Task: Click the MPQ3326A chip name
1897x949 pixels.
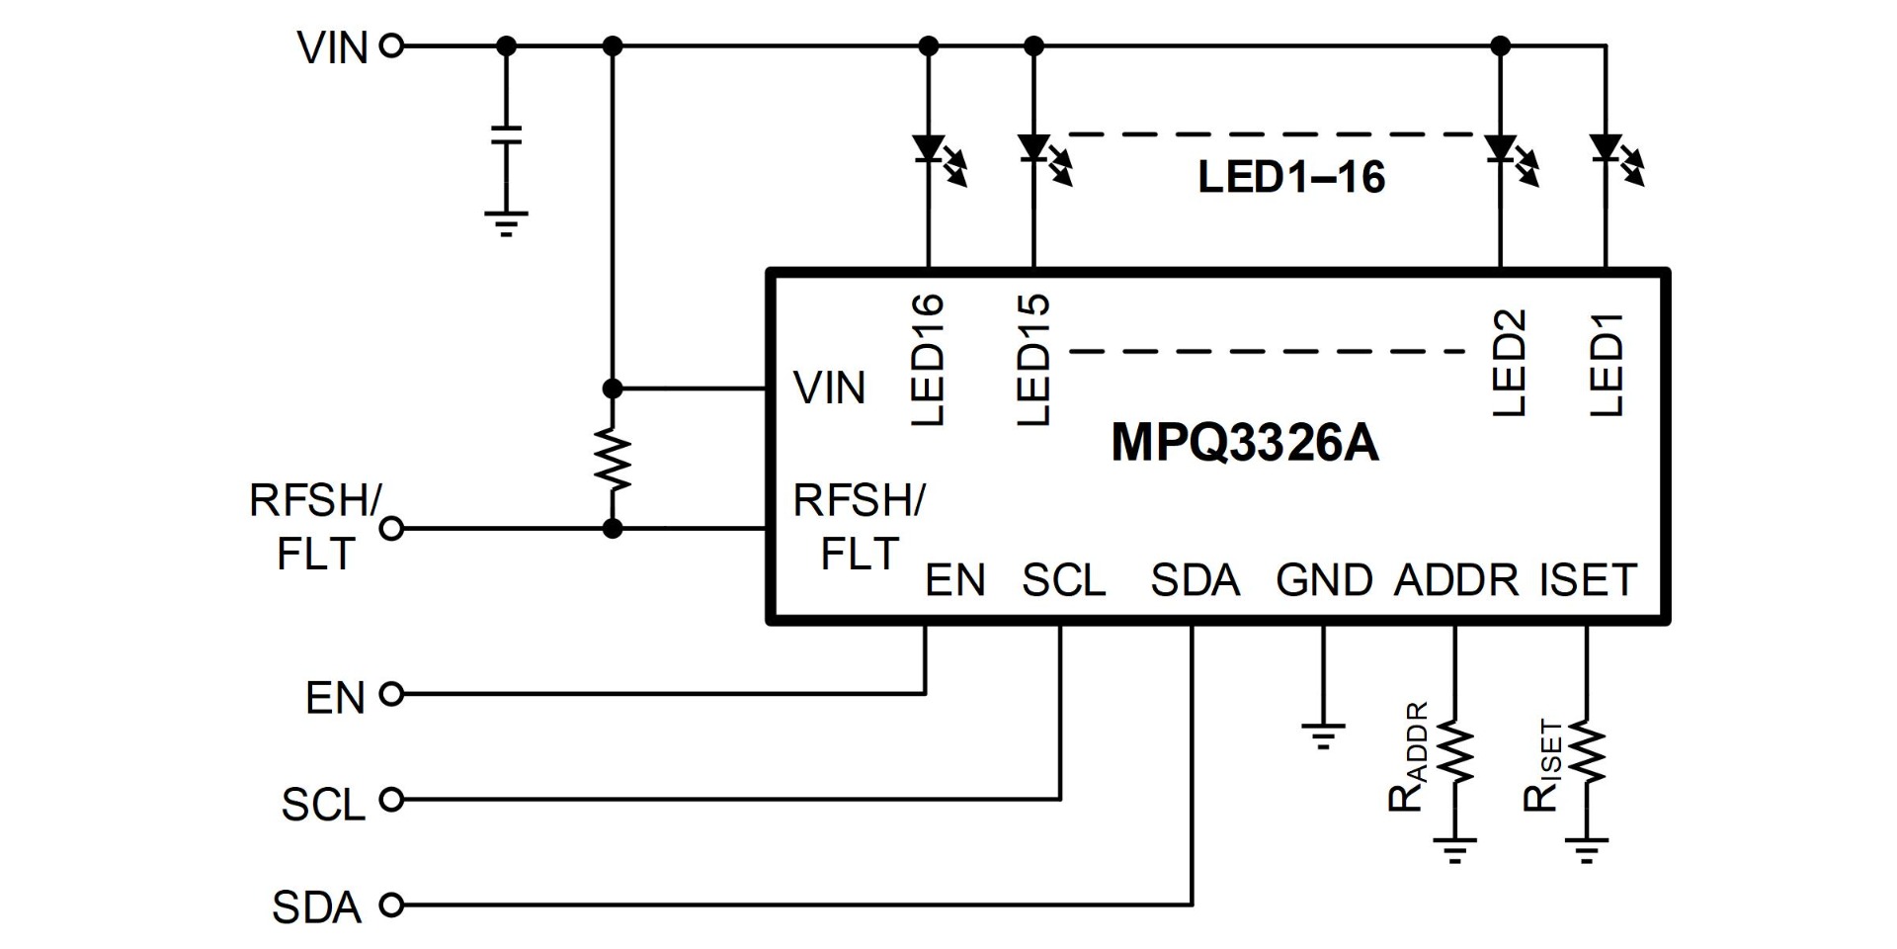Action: (x=1244, y=442)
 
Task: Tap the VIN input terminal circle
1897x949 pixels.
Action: (x=392, y=45)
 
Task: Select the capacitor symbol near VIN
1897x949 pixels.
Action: (x=507, y=135)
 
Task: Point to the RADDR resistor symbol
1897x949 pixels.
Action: (x=1454, y=753)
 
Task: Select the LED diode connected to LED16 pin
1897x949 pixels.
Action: (x=929, y=149)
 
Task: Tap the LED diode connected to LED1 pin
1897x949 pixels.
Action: (x=1606, y=149)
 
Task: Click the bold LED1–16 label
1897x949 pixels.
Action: (x=1291, y=177)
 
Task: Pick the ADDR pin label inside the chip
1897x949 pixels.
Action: (x=1456, y=580)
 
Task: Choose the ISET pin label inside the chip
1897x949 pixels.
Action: (x=1588, y=580)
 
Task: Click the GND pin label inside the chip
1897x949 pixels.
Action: (x=1324, y=580)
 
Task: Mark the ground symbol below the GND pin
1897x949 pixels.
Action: (x=1324, y=735)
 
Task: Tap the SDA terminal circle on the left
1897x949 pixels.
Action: (x=392, y=905)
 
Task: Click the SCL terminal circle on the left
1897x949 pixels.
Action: (x=392, y=800)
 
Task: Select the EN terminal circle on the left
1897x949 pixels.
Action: (x=392, y=695)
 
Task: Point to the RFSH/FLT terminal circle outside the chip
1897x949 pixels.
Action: (x=392, y=529)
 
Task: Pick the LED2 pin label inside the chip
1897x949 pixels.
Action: (x=1510, y=363)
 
